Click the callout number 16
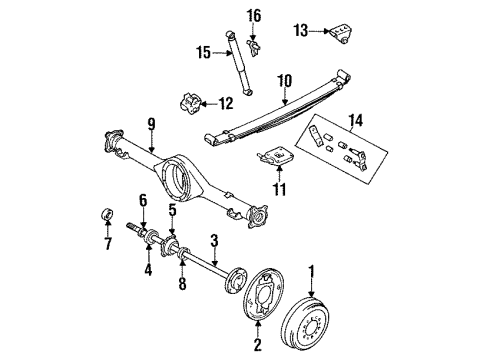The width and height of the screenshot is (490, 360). point(254,15)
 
